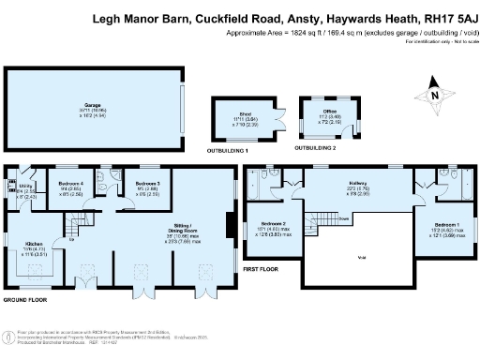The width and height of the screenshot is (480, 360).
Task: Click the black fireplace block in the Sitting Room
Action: pyautogui.click(x=229, y=225)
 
